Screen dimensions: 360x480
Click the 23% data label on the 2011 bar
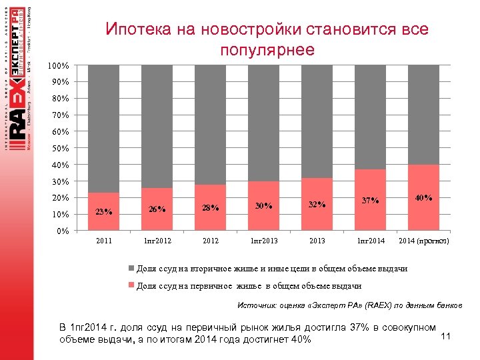tap(103, 213)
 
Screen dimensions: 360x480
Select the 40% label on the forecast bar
tap(423, 198)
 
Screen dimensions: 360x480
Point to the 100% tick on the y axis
tap(59, 66)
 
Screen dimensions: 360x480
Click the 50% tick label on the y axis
tap(60, 148)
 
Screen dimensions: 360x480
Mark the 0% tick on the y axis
tap(62, 231)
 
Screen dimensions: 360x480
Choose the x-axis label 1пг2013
tap(263, 240)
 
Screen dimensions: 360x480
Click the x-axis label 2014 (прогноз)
tap(423, 240)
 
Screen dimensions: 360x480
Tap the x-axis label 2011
tap(103, 240)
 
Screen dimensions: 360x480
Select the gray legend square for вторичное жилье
tap(131, 269)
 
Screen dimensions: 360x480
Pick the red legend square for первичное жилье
tap(131, 286)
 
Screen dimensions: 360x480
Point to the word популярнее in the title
tap(266, 51)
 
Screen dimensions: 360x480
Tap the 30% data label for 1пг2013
tap(263, 205)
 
